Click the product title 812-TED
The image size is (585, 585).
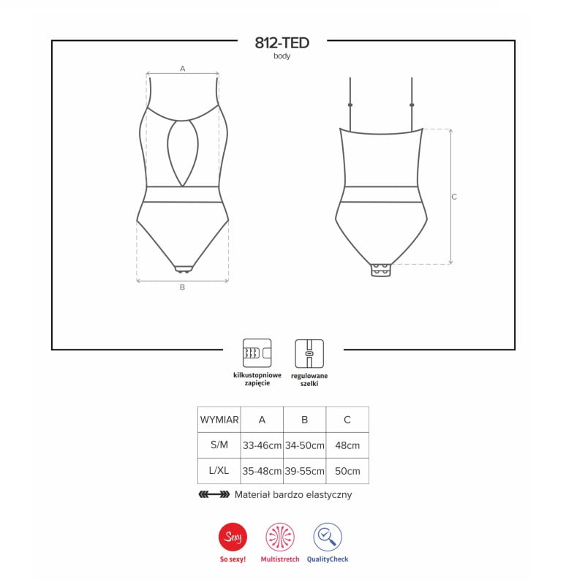coord(282,43)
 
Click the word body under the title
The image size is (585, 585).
coord(282,56)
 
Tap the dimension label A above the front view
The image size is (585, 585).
coord(182,69)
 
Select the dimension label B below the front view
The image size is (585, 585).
coord(182,287)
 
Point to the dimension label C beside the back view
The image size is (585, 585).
coord(454,197)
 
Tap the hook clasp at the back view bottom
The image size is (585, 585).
coord(381,270)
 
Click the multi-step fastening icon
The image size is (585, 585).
coord(257,353)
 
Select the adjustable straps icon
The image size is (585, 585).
coord(309,353)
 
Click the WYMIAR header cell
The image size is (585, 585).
coord(219,420)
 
